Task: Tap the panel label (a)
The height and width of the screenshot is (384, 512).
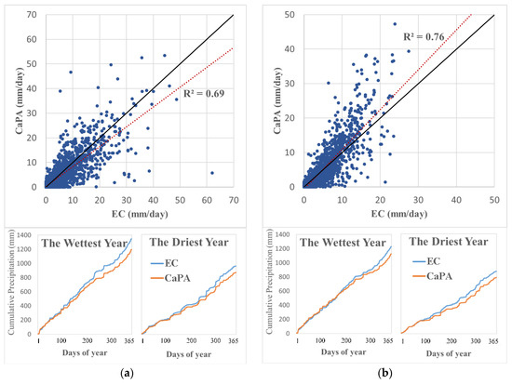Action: (x=128, y=373)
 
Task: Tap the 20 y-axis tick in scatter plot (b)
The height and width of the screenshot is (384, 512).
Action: (x=292, y=116)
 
